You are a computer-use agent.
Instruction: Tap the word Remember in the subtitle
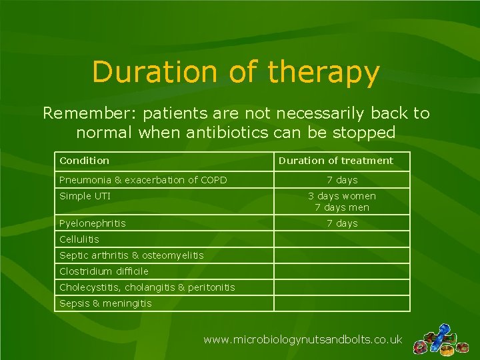tap(91, 113)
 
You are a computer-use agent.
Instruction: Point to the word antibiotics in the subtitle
tap(227, 132)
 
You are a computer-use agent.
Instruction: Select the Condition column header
tap(84, 161)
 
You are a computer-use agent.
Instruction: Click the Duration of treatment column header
tap(336, 161)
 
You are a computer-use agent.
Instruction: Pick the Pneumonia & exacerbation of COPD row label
tap(143, 180)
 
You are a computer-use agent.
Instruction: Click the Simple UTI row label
tap(85, 196)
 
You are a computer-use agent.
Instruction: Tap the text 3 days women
tap(342, 196)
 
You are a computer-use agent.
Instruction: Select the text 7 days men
tap(342, 207)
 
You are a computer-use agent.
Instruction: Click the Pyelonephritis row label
tap(93, 223)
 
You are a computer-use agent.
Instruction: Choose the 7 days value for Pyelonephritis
tap(342, 223)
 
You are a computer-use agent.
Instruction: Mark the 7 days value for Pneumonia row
tap(342, 180)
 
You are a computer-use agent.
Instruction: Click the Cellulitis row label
tap(79, 239)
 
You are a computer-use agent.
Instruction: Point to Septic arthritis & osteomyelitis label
tap(131, 255)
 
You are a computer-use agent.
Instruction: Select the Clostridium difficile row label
tap(104, 271)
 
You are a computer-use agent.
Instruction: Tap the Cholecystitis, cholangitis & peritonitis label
tap(147, 287)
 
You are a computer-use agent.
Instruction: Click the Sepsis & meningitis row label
tap(105, 303)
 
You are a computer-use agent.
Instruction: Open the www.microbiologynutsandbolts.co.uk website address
tap(303, 339)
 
